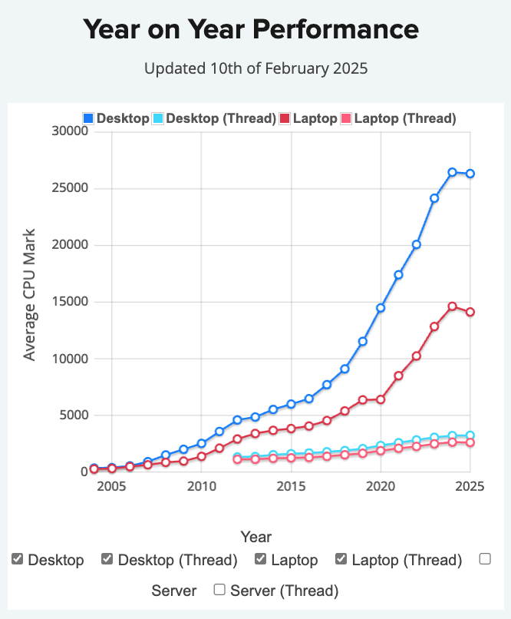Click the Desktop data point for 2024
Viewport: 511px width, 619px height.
coord(452,172)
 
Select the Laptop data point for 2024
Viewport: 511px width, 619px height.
coord(452,306)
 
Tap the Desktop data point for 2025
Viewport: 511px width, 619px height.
coord(470,174)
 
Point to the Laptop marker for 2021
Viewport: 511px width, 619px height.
coord(398,376)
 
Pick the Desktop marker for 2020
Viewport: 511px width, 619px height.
coord(381,308)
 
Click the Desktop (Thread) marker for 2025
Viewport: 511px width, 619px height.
coord(470,435)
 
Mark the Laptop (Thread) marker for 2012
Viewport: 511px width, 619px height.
coord(237,459)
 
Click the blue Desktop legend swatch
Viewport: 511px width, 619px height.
coord(88,118)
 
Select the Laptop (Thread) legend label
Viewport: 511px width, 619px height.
coord(405,118)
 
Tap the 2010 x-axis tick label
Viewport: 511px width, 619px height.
coord(201,487)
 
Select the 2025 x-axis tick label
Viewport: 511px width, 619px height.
coord(470,487)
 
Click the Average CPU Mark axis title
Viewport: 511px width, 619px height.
coord(29,294)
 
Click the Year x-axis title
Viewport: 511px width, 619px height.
coord(255,537)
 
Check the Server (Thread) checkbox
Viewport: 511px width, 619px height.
coord(219,590)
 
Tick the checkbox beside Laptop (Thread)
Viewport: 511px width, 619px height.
coord(341,559)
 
